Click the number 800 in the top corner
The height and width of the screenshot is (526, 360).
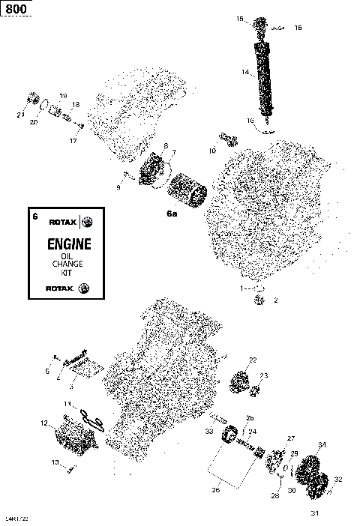tap(13, 8)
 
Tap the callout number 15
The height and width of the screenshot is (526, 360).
tap(240, 18)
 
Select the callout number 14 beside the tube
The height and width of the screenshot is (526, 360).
tap(244, 72)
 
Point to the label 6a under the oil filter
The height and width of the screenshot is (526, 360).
tap(172, 214)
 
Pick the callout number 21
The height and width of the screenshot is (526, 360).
tap(19, 114)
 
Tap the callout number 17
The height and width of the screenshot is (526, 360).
tap(73, 141)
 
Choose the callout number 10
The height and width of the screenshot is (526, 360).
tap(212, 151)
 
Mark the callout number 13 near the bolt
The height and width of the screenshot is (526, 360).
tap(55, 462)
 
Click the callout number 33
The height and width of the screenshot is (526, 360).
tap(209, 432)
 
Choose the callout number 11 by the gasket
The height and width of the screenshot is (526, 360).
tap(67, 404)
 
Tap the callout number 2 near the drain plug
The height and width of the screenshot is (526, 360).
tap(275, 300)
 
